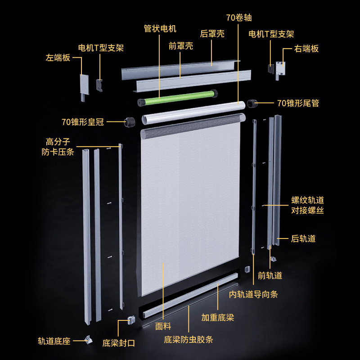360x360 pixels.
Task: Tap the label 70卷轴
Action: coord(239,18)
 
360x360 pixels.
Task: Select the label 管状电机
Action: coord(160,29)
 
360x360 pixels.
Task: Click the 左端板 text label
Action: coord(58,58)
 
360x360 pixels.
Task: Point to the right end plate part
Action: coord(280,71)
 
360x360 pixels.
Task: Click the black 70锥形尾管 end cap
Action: coord(252,104)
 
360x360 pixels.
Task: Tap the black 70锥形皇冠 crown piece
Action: coord(130,121)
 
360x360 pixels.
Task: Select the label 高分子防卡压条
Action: coord(58,147)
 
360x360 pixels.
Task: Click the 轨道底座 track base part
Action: coord(88,340)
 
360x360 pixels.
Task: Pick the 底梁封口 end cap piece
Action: coord(131,320)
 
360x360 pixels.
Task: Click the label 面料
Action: coord(163,326)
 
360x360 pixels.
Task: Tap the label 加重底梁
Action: coord(217,318)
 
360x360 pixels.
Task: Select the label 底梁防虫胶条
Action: coord(188,340)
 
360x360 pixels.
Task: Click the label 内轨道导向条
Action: coord(253,294)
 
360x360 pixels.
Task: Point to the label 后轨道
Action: coord(303,239)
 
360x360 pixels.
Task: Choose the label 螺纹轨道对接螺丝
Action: coord(307,205)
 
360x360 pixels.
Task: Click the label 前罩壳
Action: coord(181,46)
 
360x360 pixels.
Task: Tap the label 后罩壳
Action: coord(212,34)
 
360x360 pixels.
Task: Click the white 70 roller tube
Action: coord(193,112)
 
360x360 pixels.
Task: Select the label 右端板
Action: coord(306,49)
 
